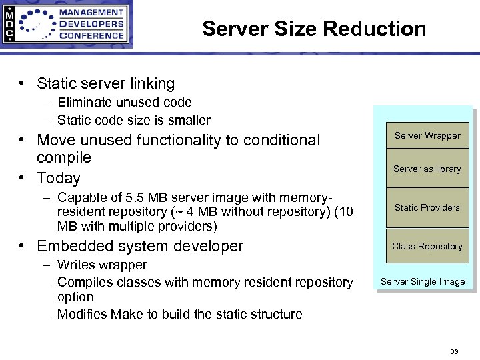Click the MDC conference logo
(x=66, y=25)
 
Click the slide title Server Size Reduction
(x=314, y=29)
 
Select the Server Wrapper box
(x=427, y=135)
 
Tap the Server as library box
(x=427, y=169)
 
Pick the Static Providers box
(x=427, y=207)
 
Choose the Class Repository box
(x=427, y=246)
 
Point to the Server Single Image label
(x=423, y=281)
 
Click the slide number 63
(x=454, y=351)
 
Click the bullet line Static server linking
(x=105, y=83)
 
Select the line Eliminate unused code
(x=125, y=102)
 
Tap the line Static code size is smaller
(x=133, y=120)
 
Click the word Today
(x=59, y=178)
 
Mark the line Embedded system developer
(x=140, y=246)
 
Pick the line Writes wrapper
(x=102, y=265)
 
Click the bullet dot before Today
(x=23, y=178)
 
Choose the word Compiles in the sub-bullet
(x=85, y=282)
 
